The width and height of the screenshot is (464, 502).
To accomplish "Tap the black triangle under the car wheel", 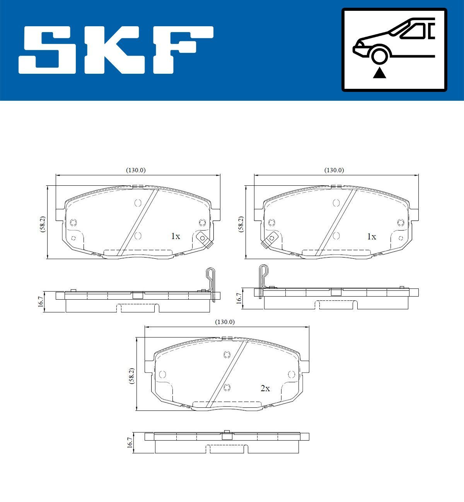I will [x=380, y=72].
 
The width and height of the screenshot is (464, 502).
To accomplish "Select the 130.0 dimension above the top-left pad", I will [x=136, y=170].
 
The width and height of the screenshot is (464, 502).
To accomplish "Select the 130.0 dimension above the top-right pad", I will [x=334, y=170].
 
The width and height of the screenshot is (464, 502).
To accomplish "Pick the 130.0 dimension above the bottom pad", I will [x=225, y=322].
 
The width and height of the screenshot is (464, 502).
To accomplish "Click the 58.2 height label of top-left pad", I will [x=43, y=224].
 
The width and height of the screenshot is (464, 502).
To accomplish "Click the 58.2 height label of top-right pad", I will [x=241, y=224].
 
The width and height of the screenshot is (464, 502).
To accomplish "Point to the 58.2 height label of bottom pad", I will [x=131, y=375].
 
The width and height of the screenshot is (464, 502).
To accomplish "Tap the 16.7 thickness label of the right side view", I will [x=239, y=298].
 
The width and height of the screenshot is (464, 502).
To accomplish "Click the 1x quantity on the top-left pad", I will [x=176, y=236].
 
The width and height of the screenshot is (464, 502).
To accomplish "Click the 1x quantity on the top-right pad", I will [x=371, y=237].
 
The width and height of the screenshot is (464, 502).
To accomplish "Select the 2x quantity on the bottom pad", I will [x=265, y=388].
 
